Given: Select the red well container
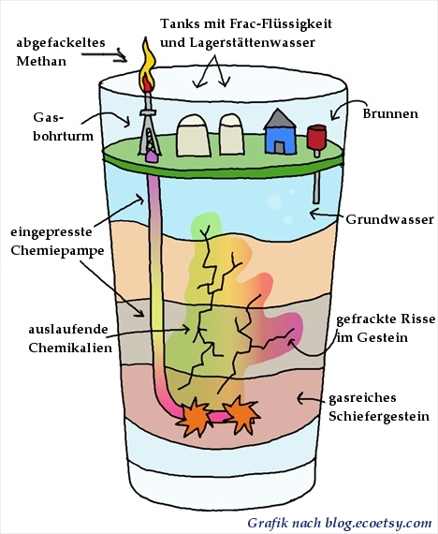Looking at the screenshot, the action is click(x=317, y=137).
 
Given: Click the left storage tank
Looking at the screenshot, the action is click(x=194, y=136).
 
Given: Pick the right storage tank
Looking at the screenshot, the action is click(x=231, y=135).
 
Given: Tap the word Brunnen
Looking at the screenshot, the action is click(x=390, y=113).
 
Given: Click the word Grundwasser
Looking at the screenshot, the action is click(x=389, y=219).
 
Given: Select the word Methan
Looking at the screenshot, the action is click(x=41, y=61).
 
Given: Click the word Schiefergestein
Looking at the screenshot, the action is click(x=379, y=416).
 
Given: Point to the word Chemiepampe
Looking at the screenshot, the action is click(x=57, y=251).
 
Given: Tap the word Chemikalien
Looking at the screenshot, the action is click(x=70, y=348).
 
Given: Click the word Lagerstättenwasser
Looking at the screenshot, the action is click(x=252, y=43).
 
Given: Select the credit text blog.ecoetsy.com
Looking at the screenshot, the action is click(x=378, y=523).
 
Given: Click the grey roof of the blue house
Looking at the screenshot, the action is click(x=280, y=118).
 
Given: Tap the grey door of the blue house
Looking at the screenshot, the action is click(x=280, y=147).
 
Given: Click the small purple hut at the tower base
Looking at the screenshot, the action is click(x=152, y=156).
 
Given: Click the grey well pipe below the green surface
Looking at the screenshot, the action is click(x=316, y=187).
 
